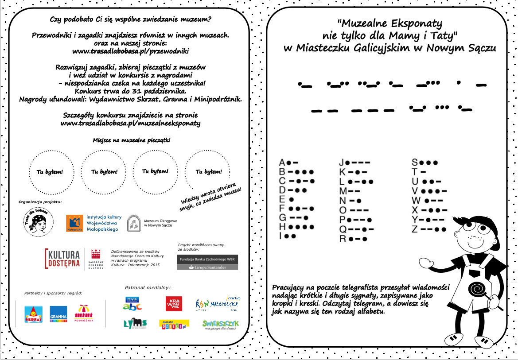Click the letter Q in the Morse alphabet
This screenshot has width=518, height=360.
pos(343,229)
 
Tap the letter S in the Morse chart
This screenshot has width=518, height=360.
pos(415,162)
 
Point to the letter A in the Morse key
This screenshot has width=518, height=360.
pos(282,163)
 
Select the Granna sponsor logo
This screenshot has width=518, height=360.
pos(58,314)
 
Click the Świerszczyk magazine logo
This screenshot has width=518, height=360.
pos(220,325)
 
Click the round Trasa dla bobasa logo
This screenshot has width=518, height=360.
pos(38,221)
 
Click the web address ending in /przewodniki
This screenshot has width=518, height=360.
pos(130,51)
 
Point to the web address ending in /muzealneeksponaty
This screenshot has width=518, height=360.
pos(130,123)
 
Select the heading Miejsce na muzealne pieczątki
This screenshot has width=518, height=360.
pos(131,140)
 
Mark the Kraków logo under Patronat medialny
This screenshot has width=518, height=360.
pos(174,304)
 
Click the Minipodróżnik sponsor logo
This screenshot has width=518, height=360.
pos(83,313)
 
